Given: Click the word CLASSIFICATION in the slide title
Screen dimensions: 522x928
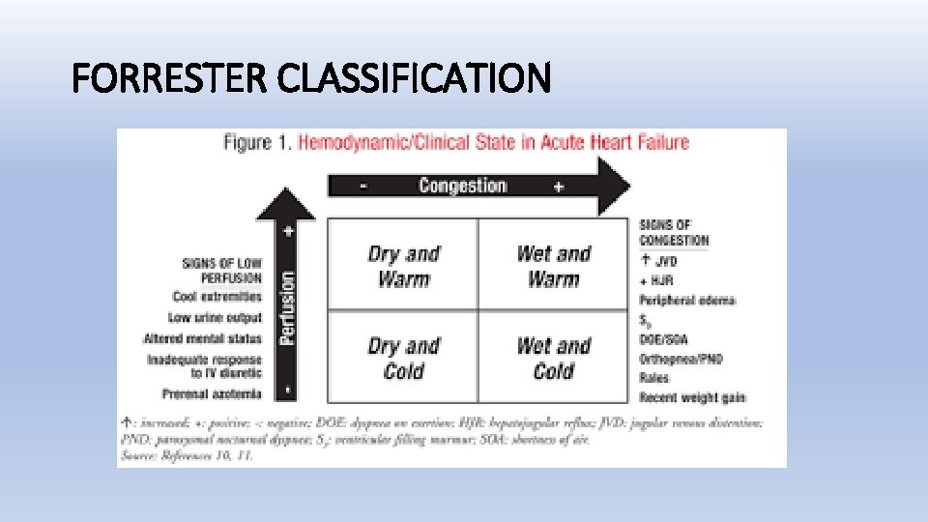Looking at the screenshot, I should pyautogui.click(x=413, y=77).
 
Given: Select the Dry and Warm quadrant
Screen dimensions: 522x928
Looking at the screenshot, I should pyautogui.click(x=403, y=266).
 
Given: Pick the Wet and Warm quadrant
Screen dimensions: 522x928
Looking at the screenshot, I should pyautogui.click(x=553, y=266).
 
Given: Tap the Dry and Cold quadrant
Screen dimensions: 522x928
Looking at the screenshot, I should pyautogui.click(x=403, y=358).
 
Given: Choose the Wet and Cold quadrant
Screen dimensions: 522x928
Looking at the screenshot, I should pyautogui.click(x=553, y=358).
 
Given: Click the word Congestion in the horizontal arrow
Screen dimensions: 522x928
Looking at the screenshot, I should pyautogui.click(x=462, y=186).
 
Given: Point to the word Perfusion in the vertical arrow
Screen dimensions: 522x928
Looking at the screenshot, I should pyautogui.click(x=287, y=306).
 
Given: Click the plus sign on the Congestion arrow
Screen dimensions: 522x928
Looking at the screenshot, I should pyautogui.click(x=559, y=187).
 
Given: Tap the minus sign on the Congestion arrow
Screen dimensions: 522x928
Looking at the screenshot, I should pyautogui.click(x=362, y=187).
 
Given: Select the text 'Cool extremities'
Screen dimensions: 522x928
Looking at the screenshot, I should pyautogui.click(x=217, y=297).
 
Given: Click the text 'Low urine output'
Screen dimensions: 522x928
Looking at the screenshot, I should pyautogui.click(x=215, y=317).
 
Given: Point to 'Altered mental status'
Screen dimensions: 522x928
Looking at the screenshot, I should pyautogui.click(x=202, y=338).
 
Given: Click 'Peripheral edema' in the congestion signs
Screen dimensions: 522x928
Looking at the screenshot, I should pyautogui.click(x=687, y=300).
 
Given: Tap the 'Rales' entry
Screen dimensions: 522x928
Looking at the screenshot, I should pyautogui.click(x=653, y=378).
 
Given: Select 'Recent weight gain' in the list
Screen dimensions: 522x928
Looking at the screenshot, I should pyautogui.click(x=692, y=396).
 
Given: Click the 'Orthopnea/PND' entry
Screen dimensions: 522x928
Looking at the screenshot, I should pyautogui.click(x=681, y=359).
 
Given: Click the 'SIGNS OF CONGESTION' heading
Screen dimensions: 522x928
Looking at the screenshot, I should pyautogui.click(x=674, y=233).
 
